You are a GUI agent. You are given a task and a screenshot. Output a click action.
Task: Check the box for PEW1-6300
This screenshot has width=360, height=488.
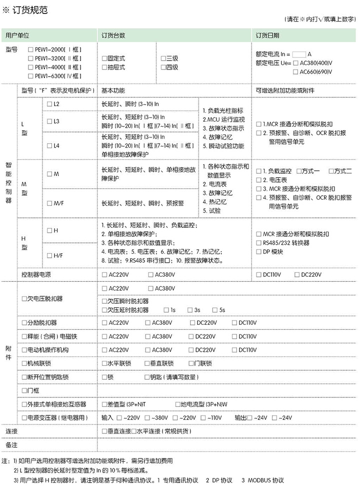click(31, 76)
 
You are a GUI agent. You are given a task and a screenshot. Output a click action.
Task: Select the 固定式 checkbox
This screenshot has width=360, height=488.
click(104, 59)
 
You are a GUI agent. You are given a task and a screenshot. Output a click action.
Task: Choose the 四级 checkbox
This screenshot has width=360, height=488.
click(163, 67)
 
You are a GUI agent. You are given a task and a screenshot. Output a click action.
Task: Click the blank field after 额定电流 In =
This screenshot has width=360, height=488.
click(298, 54)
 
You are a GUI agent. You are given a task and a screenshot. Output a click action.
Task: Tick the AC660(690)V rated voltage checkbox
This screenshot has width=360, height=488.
click(295, 72)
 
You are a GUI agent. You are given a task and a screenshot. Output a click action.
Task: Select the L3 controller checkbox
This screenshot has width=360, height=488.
click(49, 121)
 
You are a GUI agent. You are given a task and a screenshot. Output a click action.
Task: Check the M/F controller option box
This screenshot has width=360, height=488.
click(49, 203)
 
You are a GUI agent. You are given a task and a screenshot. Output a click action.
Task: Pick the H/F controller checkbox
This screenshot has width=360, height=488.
click(49, 255)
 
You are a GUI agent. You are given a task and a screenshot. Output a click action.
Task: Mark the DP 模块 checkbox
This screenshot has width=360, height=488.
click(258, 252)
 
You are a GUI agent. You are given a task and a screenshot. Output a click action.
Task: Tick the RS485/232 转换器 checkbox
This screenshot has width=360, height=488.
click(258, 243)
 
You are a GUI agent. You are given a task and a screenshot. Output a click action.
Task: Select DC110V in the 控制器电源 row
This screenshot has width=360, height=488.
click(258, 275)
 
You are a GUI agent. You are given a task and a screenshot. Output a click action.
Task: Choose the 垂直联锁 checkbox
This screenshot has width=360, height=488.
click(147, 363)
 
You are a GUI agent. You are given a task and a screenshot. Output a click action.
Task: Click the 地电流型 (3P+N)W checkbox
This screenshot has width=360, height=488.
click(177, 403)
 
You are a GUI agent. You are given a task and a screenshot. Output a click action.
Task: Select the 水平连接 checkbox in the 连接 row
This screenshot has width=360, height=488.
click(133, 431)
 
